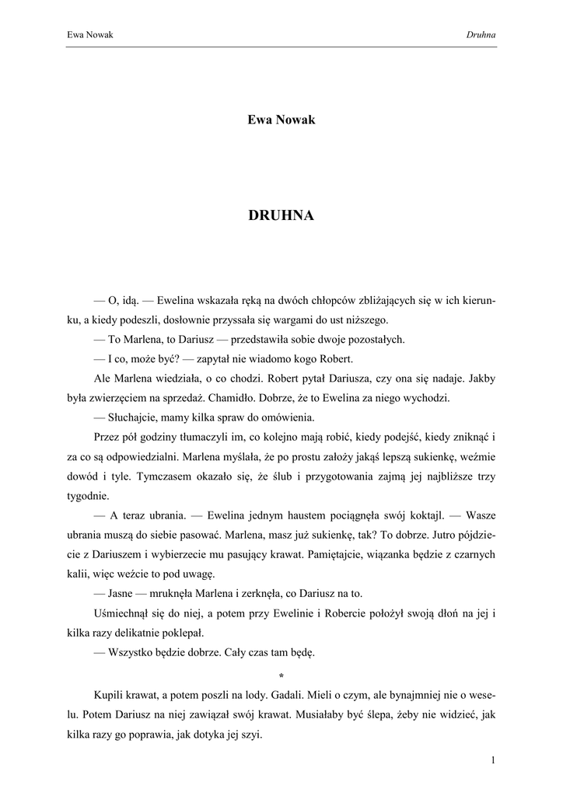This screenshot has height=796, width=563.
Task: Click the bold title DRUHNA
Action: tap(281, 216)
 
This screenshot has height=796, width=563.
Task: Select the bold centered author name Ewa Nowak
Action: tap(281, 120)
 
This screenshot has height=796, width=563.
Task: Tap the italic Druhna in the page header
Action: tap(481, 34)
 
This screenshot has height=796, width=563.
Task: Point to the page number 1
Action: tap(494, 760)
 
